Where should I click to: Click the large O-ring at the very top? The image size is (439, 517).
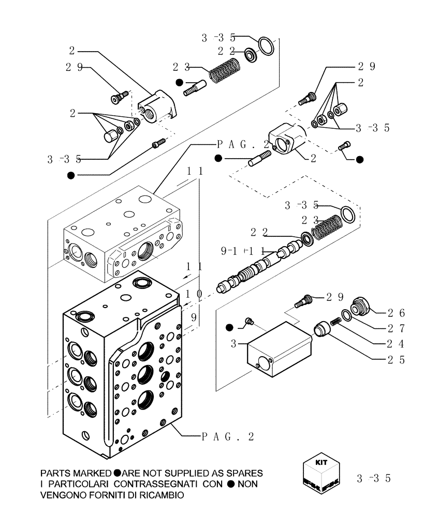pyautogui.click(x=266, y=45)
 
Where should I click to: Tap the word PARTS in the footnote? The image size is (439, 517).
pyautogui.click(x=57, y=474)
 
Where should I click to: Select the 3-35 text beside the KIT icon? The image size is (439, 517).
pyautogui.click(x=373, y=479)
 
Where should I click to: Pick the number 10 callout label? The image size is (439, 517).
pyautogui.click(x=194, y=294)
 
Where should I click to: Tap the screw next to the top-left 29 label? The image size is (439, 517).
pyautogui.click(x=119, y=97)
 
